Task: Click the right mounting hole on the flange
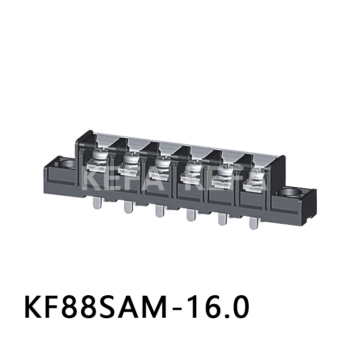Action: pyautogui.click(x=291, y=193)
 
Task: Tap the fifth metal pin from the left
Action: pyautogui.click(x=222, y=218)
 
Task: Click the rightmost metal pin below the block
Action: pyautogui.click(x=253, y=222)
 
